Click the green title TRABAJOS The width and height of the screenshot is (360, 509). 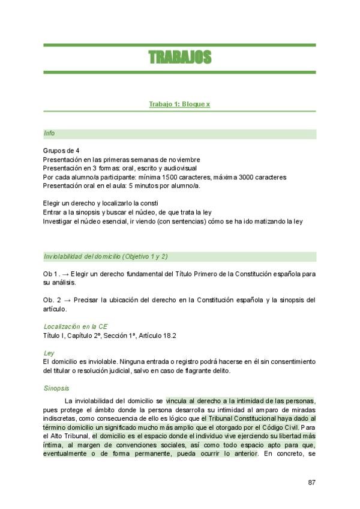click(179, 58)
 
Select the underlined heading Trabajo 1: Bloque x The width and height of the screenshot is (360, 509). click(179, 104)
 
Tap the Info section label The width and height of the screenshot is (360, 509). click(49, 133)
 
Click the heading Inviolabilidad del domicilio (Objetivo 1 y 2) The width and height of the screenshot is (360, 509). click(106, 256)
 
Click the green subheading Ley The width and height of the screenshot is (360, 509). click(48, 353)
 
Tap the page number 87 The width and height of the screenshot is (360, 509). click(311, 482)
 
